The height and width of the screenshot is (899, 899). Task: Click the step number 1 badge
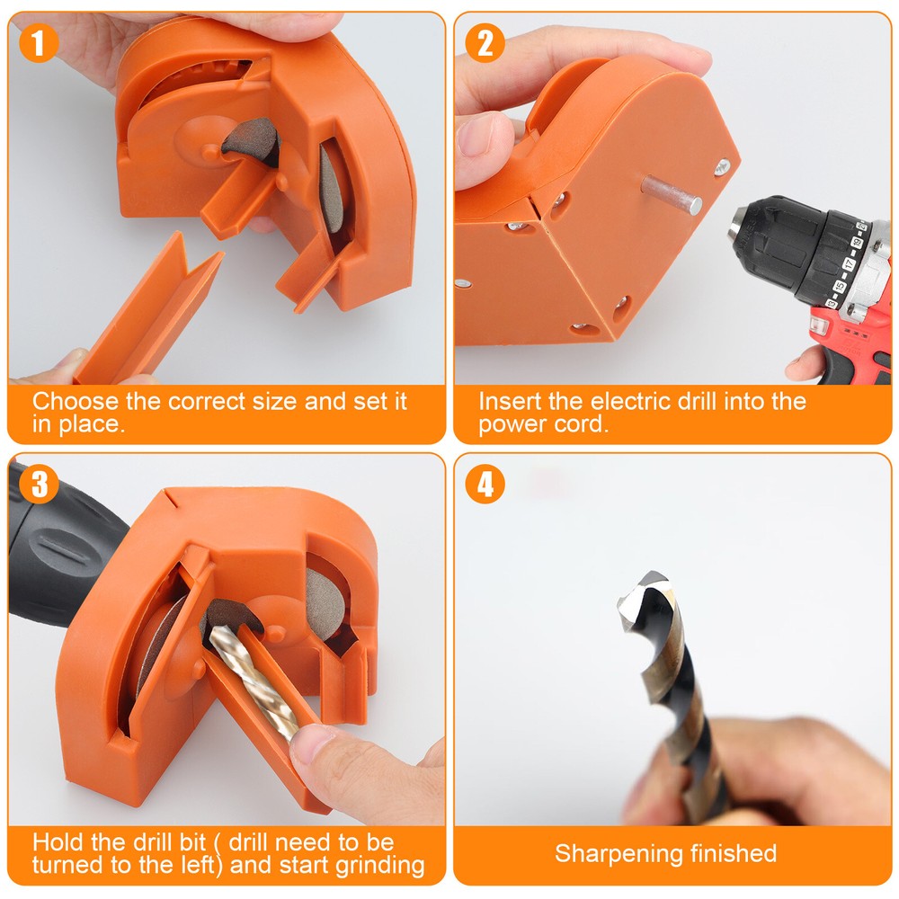pos(39,43)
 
